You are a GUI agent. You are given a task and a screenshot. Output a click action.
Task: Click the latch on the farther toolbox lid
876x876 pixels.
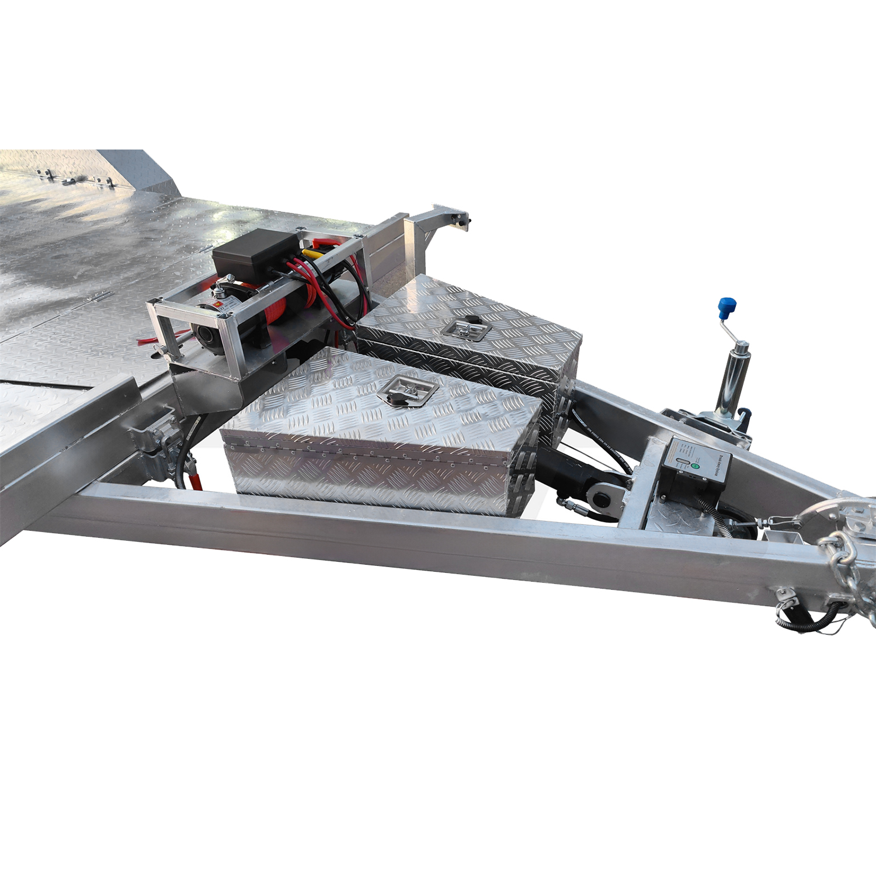pyautogui.click(x=465, y=328)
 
